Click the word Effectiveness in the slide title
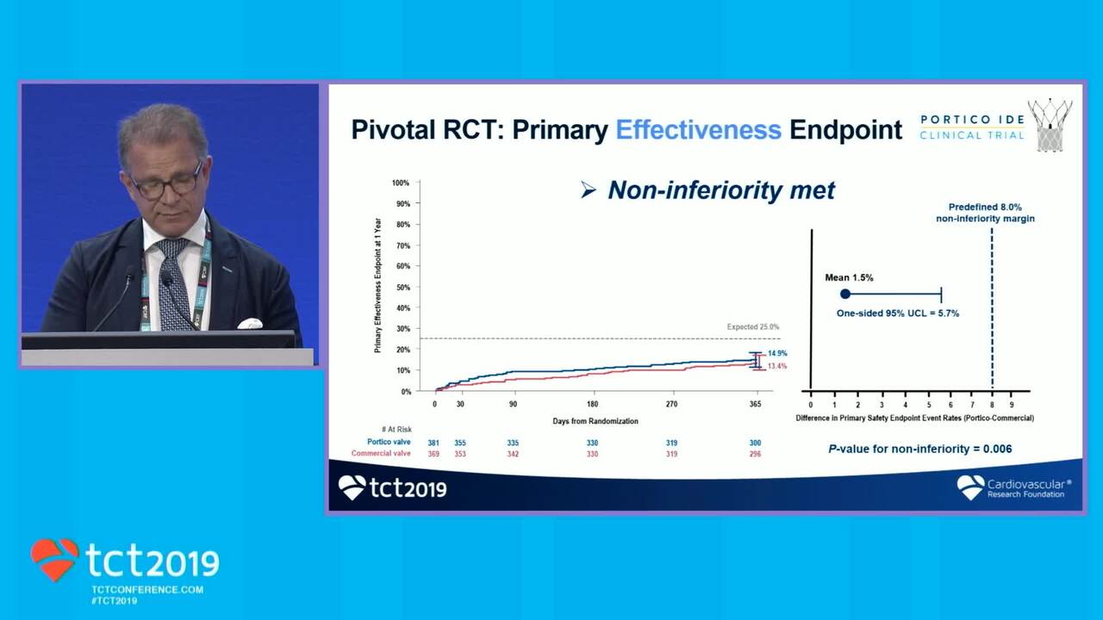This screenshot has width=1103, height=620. (x=698, y=130)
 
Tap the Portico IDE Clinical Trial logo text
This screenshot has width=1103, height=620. (x=972, y=127)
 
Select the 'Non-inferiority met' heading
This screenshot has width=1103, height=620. (x=709, y=190)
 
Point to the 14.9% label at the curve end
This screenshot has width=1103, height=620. (x=777, y=354)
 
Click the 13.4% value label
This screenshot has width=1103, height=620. (x=777, y=367)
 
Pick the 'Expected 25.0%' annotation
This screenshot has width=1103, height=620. (x=752, y=327)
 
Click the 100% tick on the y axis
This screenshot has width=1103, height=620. (x=401, y=183)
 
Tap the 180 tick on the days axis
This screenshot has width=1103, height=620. (x=592, y=404)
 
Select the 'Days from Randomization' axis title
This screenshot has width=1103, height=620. (x=595, y=421)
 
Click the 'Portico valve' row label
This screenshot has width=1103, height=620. (x=389, y=443)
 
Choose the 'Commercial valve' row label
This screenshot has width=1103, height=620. (x=381, y=454)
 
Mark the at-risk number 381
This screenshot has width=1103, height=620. (x=434, y=443)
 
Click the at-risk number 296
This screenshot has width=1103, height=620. (x=755, y=454)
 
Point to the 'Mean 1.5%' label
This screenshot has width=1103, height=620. (x=849, y=278)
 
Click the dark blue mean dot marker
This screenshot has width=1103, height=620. (x=845, y=294)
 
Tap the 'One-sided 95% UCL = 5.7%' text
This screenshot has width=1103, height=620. (x=897, y=313)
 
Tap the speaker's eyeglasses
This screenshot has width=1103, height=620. (x=166, y=183)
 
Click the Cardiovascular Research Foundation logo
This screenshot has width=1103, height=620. (x=1014, y=488)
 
